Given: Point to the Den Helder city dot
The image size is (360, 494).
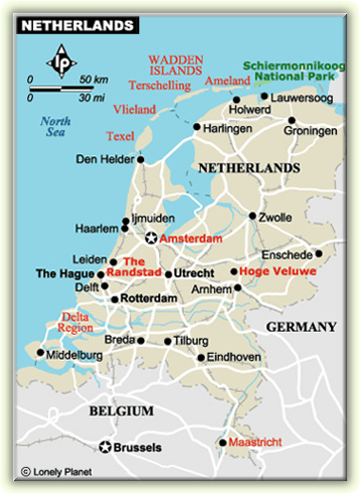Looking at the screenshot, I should point(141,158).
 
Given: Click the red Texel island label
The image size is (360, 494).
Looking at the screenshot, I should point(121,135).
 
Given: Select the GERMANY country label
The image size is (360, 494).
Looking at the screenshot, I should point(300,327).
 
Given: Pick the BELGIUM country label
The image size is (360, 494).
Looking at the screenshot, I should point(119,410).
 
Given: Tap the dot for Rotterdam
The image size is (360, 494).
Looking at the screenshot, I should point(115,298).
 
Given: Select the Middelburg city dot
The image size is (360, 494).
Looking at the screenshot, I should point(41,352).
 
